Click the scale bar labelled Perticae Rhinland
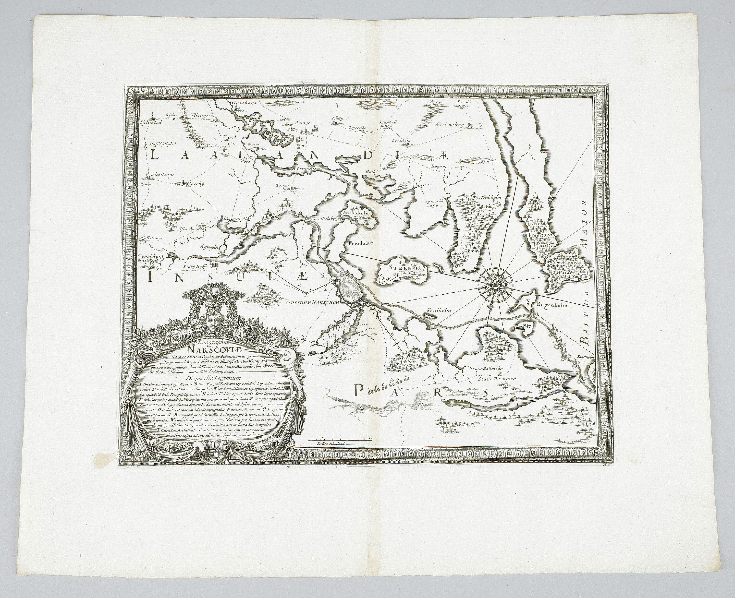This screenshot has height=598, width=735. pos(341,441)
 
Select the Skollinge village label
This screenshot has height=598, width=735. pos(161,175)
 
